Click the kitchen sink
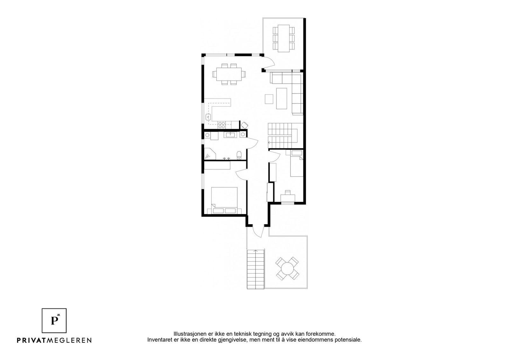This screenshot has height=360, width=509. (x=208, y=117)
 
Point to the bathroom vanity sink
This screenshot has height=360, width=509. (x=230, y=135)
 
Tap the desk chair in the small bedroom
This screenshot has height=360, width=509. (x=288, y=192)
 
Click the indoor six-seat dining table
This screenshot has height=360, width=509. (x=229, y=74)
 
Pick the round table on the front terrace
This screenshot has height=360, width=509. (x=287, y=269)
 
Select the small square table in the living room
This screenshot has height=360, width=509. (x=269, y=99)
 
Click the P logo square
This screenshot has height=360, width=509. (x=54, y=320)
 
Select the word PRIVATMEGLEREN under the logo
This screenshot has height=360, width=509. (x=54, y=340)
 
